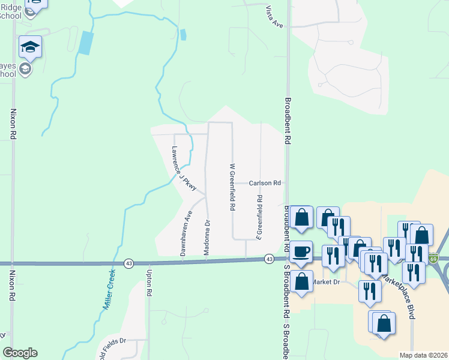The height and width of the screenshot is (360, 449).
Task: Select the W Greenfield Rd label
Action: coord(232,187)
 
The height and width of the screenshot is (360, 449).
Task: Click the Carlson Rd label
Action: coord(265,182)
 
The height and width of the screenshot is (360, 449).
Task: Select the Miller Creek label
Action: coord(109,289)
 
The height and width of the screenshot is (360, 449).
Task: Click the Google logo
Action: coord(20,353)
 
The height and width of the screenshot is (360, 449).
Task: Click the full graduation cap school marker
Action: coord(30,47)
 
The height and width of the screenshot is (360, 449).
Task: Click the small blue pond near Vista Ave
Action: coord(182,35)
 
